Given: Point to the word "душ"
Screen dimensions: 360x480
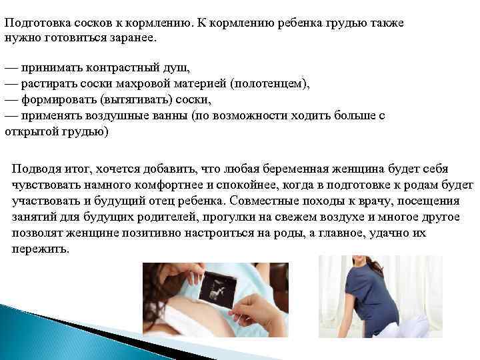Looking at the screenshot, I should pos(178,69).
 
